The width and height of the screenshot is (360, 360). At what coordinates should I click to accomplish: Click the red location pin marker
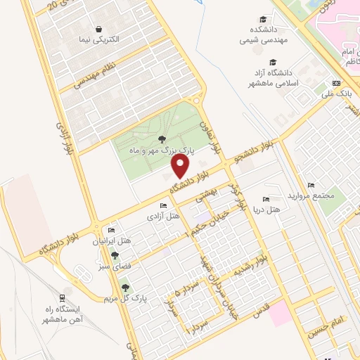(x=181, y=165)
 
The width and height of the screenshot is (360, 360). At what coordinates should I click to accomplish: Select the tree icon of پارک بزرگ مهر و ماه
(x=162, y=139)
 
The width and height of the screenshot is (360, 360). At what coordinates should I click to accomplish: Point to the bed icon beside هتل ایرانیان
(x=111, y=231)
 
